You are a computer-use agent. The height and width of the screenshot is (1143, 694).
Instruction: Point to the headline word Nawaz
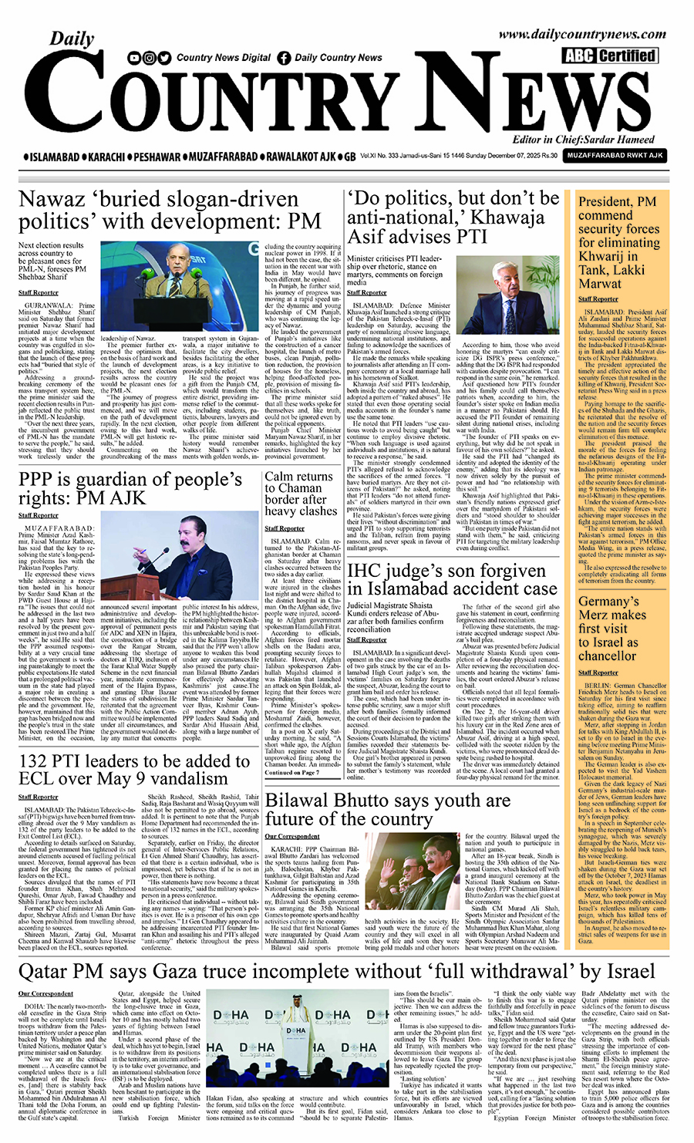click(x=52, y=200)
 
